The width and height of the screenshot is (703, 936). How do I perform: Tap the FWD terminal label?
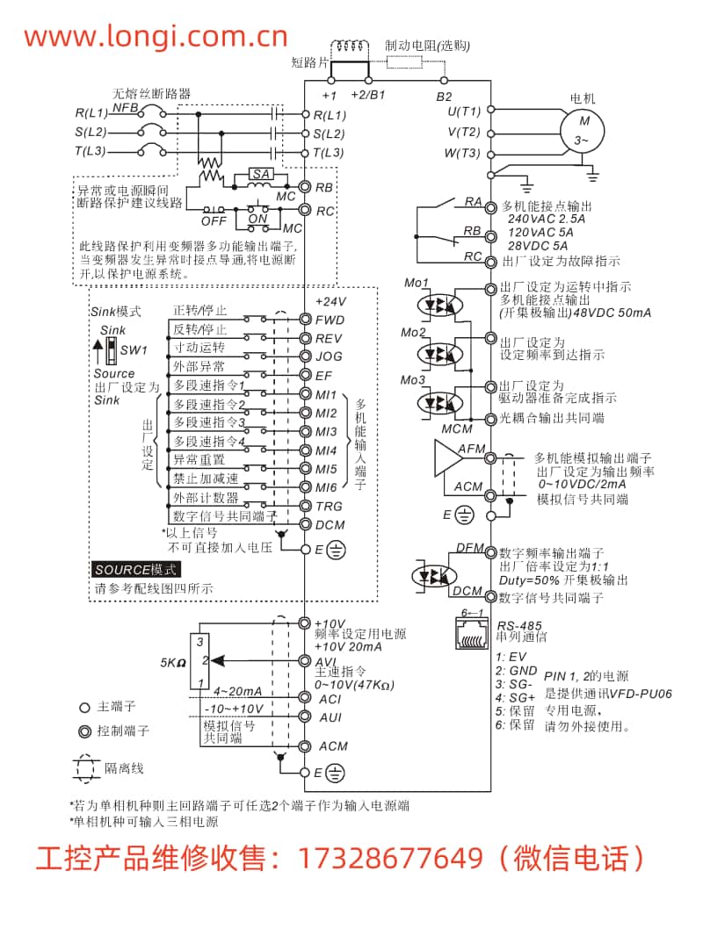point(330,320)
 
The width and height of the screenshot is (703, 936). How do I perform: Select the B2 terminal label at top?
point(445,96)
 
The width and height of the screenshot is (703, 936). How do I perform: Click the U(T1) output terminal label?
point(464,112)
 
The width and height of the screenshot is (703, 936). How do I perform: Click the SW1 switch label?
point(134,350)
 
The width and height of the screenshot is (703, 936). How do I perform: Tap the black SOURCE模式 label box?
point(136,570)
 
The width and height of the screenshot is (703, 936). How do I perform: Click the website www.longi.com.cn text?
point(156,36)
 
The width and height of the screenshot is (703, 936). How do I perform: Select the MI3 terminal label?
point(327,432)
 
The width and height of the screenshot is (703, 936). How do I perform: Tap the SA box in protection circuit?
point(261,175)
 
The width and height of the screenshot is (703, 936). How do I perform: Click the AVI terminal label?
point(326,661)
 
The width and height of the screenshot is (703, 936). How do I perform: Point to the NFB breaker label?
point(125,107)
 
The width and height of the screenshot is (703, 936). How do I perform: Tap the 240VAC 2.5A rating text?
point(547,219)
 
